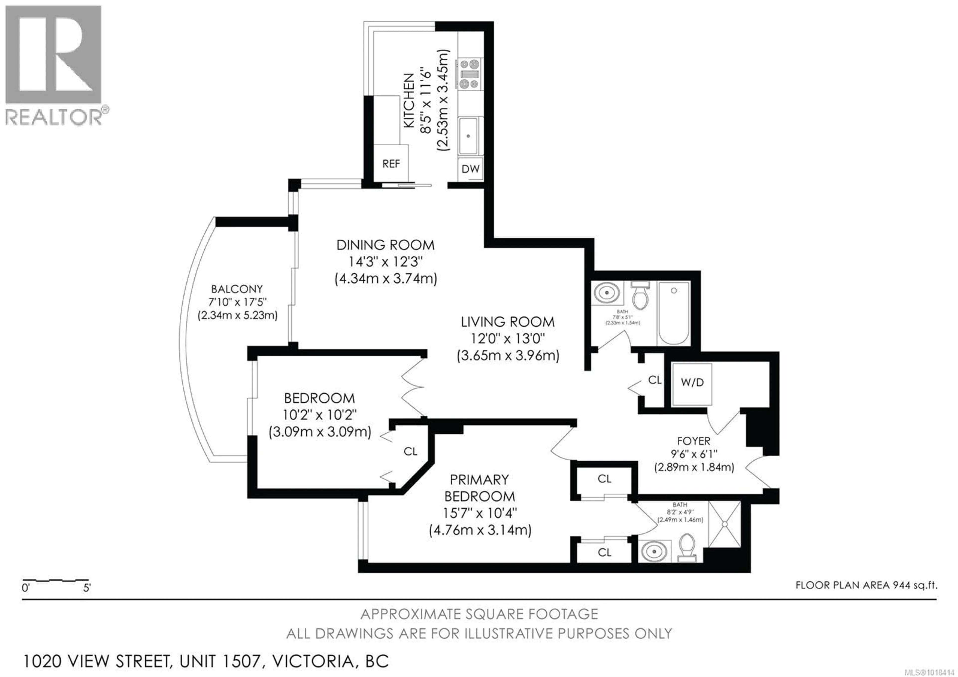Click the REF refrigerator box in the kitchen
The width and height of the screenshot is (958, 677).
click(391, 164)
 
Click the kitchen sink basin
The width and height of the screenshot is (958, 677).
click(469, 136)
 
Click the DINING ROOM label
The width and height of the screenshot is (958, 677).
click(385, 245)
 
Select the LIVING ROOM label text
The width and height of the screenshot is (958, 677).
click(507, 322)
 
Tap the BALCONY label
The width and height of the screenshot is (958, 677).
click(237, 289)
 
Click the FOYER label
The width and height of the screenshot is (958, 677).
click(694, 441)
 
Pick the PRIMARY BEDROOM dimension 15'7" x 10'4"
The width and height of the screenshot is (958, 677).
click(480, 513)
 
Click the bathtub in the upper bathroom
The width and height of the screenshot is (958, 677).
click(673, 313)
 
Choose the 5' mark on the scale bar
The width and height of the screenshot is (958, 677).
click(87, 588)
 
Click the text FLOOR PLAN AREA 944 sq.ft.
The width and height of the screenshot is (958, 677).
click(866, 585)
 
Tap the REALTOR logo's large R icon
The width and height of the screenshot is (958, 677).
click(53, 54)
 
